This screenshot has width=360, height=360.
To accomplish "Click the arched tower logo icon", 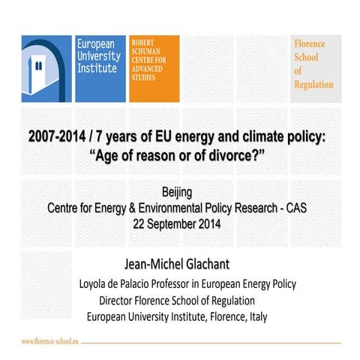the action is [x=46, y=68].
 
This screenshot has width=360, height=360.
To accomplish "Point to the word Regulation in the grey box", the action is [x=314, y=85].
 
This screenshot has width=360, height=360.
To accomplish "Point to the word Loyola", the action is [x=96, y=285].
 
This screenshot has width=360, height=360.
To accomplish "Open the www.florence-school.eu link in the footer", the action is [x=49, y=341].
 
